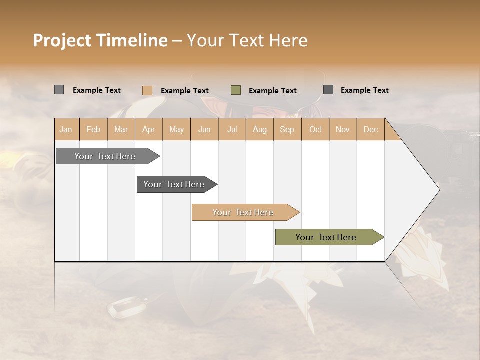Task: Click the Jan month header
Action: click(66, 129)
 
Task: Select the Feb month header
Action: click(93, 129)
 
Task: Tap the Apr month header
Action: click(149, 129)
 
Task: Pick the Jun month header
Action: click(204, 129)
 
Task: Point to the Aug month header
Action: click(260, 129)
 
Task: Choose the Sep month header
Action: click(287, 129)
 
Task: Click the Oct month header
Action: click(315, 129)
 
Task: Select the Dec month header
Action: click(371, 129)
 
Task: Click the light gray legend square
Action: click(59, 90)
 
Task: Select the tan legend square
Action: click(147, 90)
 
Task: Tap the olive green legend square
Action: click(236, 90)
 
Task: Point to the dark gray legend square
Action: click(328, 90)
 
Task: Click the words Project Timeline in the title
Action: click(100, 40)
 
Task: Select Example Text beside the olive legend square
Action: click(273, 90)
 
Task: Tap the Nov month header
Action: click(343, 129)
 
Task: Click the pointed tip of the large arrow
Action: click(438, 189)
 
